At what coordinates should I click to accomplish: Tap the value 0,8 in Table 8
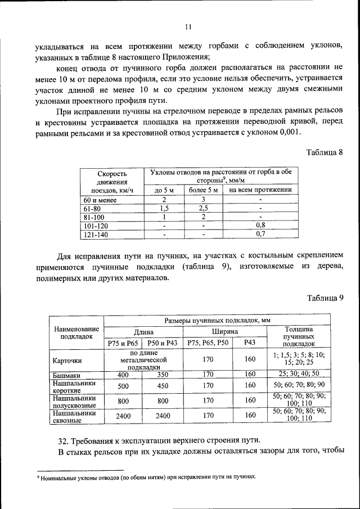260,224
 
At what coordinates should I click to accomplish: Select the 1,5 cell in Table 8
164,208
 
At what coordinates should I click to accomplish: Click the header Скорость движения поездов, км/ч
112,181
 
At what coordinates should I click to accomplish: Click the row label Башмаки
66,375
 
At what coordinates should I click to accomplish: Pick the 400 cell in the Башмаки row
123,374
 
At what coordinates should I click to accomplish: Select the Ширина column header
224,332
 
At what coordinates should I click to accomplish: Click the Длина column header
143,332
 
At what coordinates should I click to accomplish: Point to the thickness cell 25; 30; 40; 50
299,374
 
